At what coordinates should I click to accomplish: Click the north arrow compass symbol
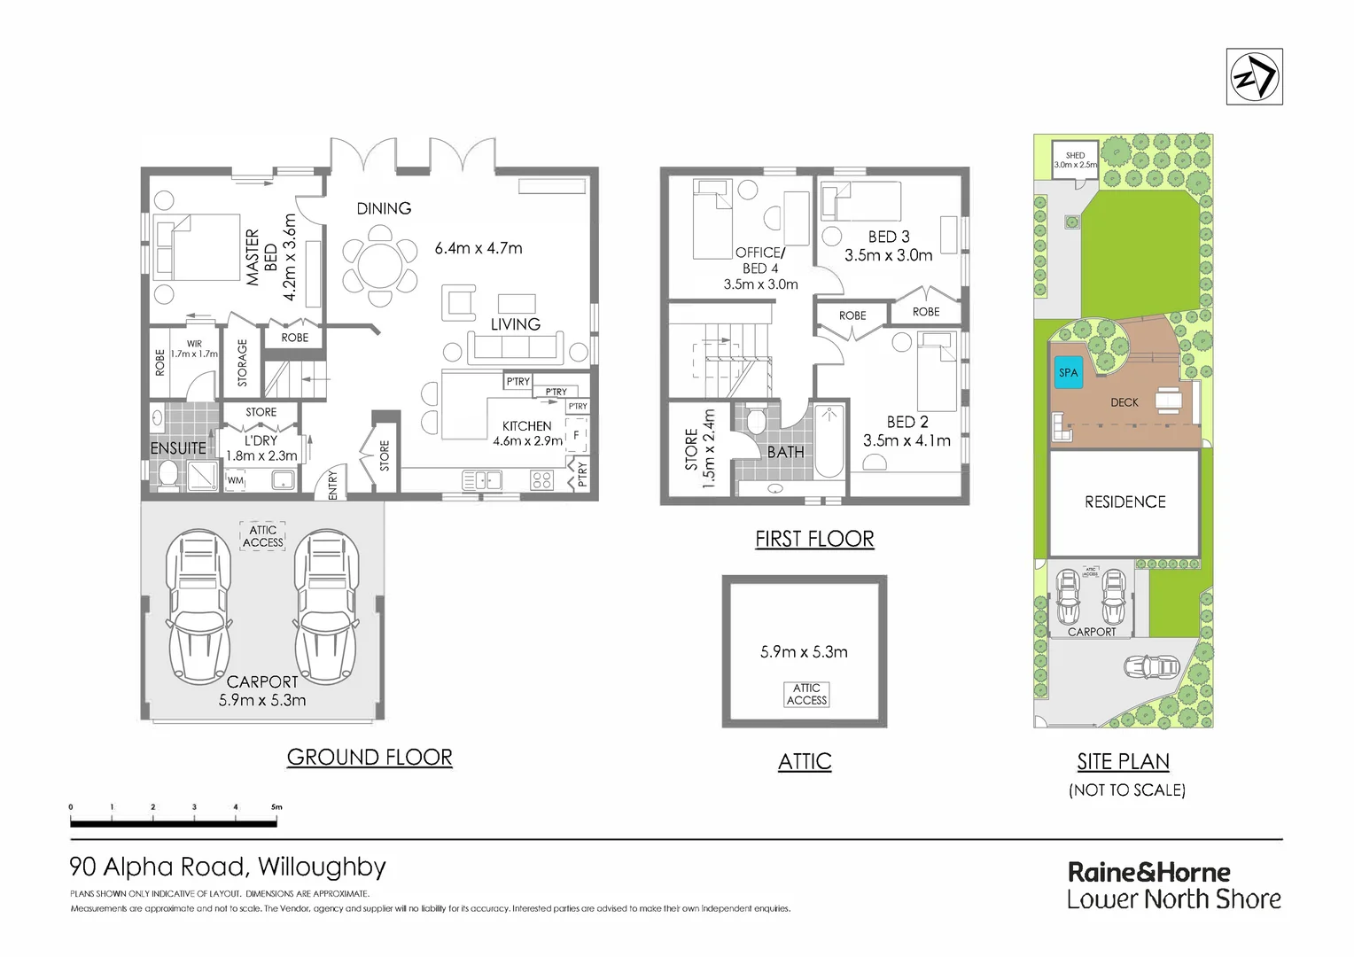[x=1254, y=77]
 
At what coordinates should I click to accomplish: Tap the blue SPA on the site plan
[x=1068, y=372]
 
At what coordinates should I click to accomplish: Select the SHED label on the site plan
[x=1075, y=155]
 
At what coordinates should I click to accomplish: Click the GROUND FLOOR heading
[x=370, y=758]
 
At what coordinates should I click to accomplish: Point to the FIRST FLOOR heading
[x=814, y=539]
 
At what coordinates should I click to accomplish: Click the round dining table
[x=380, y=263]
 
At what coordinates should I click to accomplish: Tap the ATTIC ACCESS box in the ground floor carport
[x=263, y=536]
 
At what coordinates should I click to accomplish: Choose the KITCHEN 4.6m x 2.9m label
[x=527, y=433]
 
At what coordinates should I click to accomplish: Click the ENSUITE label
[x=178, y=448]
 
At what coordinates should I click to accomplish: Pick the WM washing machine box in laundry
[x=235, y=480]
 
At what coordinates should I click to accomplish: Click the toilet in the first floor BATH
[x=755, y=418]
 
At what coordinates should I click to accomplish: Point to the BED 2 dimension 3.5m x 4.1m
[x=907, y=440]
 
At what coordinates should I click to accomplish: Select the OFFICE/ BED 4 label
[x=760, y=261]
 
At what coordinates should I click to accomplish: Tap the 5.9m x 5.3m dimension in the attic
[x=804, y=652]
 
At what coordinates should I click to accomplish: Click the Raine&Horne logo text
[x=1148, y=872]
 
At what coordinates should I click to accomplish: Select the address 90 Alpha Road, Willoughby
[x=228, y=867]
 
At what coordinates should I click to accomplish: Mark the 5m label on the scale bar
[x=276, y=807]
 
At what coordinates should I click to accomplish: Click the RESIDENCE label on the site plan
[x=1124, y=502]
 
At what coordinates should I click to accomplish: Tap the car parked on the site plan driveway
[x=1151, y=666]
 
